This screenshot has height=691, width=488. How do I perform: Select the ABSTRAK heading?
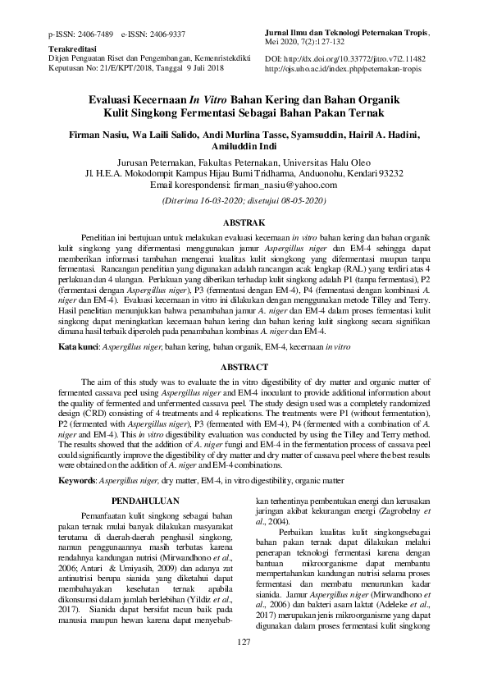click(244, 222)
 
